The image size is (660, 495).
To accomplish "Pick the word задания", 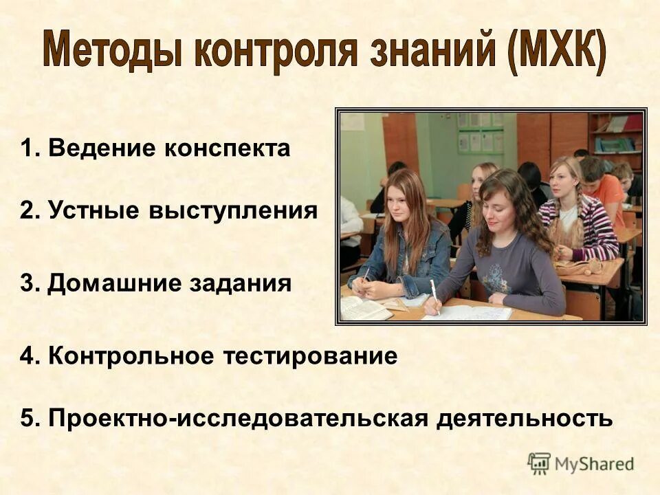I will click(241, 283).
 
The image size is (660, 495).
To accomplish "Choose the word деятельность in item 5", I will click(525, 417).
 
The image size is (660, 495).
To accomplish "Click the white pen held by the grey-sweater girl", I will click(434, 296).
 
